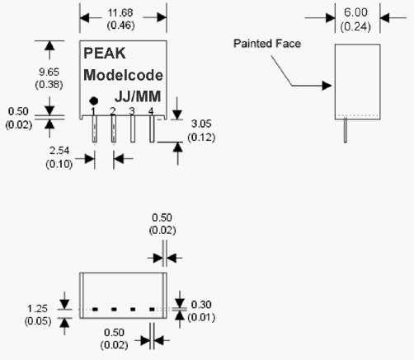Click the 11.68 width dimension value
(120, 12)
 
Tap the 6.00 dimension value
(355, 12)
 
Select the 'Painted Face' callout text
(267, 44)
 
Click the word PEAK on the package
(105, 53)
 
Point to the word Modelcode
(123, 75)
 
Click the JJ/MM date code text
(138, 96)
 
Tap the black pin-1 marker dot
(94, 101)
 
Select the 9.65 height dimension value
(49, 72)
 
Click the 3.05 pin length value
(201, 124)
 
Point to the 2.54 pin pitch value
(59, 151)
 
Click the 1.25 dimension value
(37, 309)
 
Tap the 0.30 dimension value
(201, 305)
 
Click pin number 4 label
(151, 111)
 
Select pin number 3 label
(132, 111)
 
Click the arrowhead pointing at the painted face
(327, 86)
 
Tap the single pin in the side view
(346, 129)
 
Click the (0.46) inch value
(120, 26)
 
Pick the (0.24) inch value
(355, 27)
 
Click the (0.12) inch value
(201, 137)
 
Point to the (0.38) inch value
(49, 84)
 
